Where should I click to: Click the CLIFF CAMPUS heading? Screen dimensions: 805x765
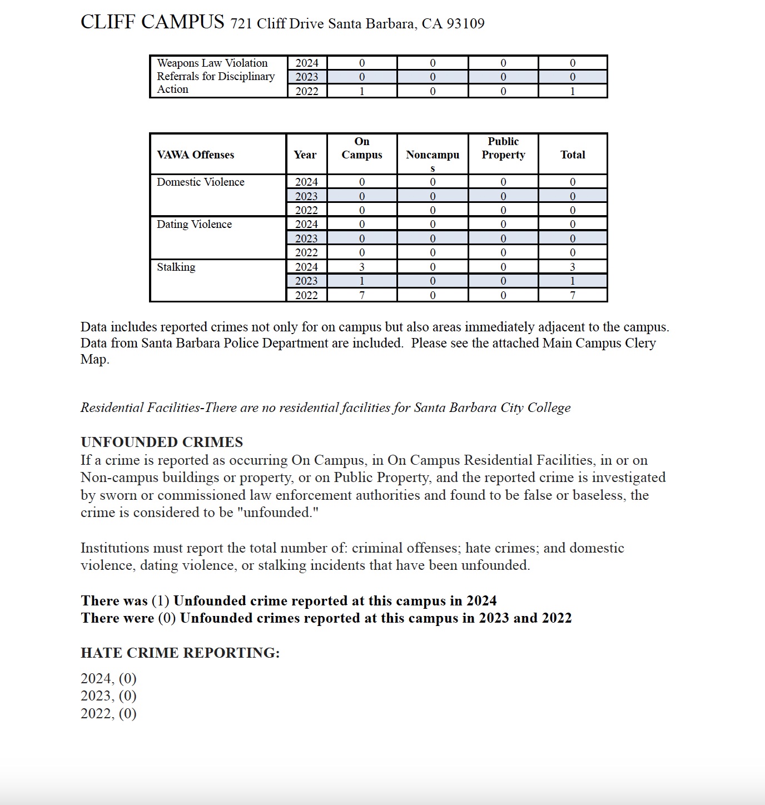click(152, 22)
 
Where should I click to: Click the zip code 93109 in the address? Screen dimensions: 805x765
click(465, 23)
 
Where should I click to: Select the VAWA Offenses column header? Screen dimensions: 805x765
click(195, 155)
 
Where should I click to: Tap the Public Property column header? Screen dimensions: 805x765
click(503, 148)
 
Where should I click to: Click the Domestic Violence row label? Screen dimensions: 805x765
click(200, 182)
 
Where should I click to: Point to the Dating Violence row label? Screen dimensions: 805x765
click(194, 224)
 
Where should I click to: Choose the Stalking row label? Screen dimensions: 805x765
click(176, 267)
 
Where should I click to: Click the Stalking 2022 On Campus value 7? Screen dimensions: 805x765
click(362, 295)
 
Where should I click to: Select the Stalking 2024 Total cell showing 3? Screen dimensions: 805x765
click(573, 267)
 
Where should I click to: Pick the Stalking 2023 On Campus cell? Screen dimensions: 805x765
click(362, 281)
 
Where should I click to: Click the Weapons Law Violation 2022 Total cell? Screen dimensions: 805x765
click(573, 91)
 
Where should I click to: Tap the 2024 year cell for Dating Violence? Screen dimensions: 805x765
click(306, 224)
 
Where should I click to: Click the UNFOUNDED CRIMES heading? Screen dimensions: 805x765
click(162, 442)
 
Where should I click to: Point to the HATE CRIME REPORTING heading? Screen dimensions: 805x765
click(180, 653)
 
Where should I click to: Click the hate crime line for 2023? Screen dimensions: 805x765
click(108, 696)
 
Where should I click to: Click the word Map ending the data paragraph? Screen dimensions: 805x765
click(95, 359)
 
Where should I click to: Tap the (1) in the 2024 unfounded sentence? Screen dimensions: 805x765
click(160, 600)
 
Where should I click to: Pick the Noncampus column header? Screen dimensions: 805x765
click(433, 155)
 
